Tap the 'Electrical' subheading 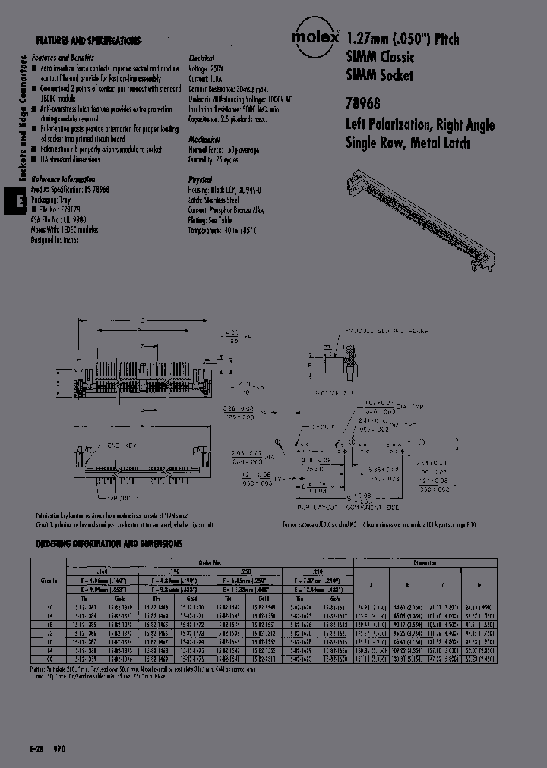pos(201,58)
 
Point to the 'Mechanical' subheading pos(204,140)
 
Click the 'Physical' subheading pos(200,180)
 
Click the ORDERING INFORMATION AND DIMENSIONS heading pos(109,544)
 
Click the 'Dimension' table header pos(425,563)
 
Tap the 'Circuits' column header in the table pos(49,578)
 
